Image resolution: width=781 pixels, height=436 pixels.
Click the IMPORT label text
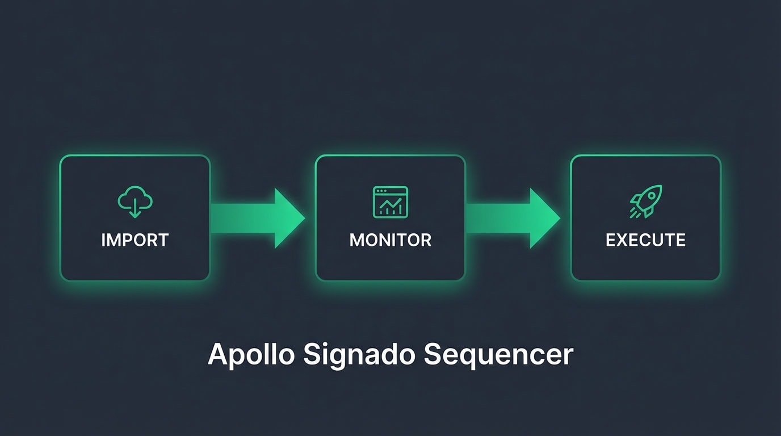coord(135,240)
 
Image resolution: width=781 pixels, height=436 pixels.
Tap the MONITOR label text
coord(390,240)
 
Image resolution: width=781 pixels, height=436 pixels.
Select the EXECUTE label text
coord(645,240)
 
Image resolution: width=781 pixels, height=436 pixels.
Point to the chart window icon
coord(390,202)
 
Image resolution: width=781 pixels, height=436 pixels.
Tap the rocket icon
coord(645,202)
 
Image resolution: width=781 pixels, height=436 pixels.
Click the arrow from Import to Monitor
coord(255,218)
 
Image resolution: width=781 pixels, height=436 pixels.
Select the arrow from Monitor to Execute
coord(511,218)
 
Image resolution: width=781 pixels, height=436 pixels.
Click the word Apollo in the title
coord(251,354)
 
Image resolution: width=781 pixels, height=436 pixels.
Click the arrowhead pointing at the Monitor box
coord(289,218)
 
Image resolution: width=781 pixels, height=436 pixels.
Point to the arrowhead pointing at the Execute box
coord(544,218)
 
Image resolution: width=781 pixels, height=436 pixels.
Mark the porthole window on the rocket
coord(652,196)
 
